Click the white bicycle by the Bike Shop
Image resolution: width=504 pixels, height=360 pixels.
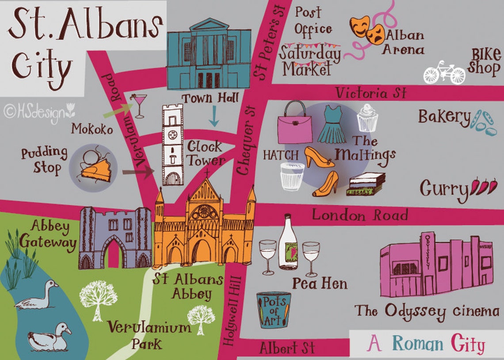tap(444, 73)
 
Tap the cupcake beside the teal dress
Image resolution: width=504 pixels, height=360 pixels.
tap(367, 118)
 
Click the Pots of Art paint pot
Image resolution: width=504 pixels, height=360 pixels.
tap(274, 310)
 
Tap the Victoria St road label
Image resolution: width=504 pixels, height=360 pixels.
tap(370, 93)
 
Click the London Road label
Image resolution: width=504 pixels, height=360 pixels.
tap(360, 215)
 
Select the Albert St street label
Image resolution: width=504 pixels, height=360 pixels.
tap(287, 348)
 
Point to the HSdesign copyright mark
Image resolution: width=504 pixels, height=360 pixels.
tap(40, 111)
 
